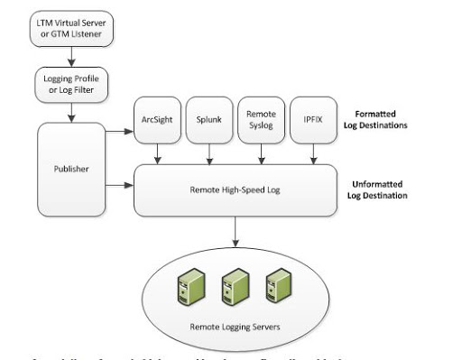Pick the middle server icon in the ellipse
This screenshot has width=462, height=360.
pyautogui.click(x=236, y=286)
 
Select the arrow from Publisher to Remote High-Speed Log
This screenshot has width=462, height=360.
pyautogui.click(x=120, y=186)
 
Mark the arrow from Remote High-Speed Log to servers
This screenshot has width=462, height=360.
pyautogui.click(x=236, y=232)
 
